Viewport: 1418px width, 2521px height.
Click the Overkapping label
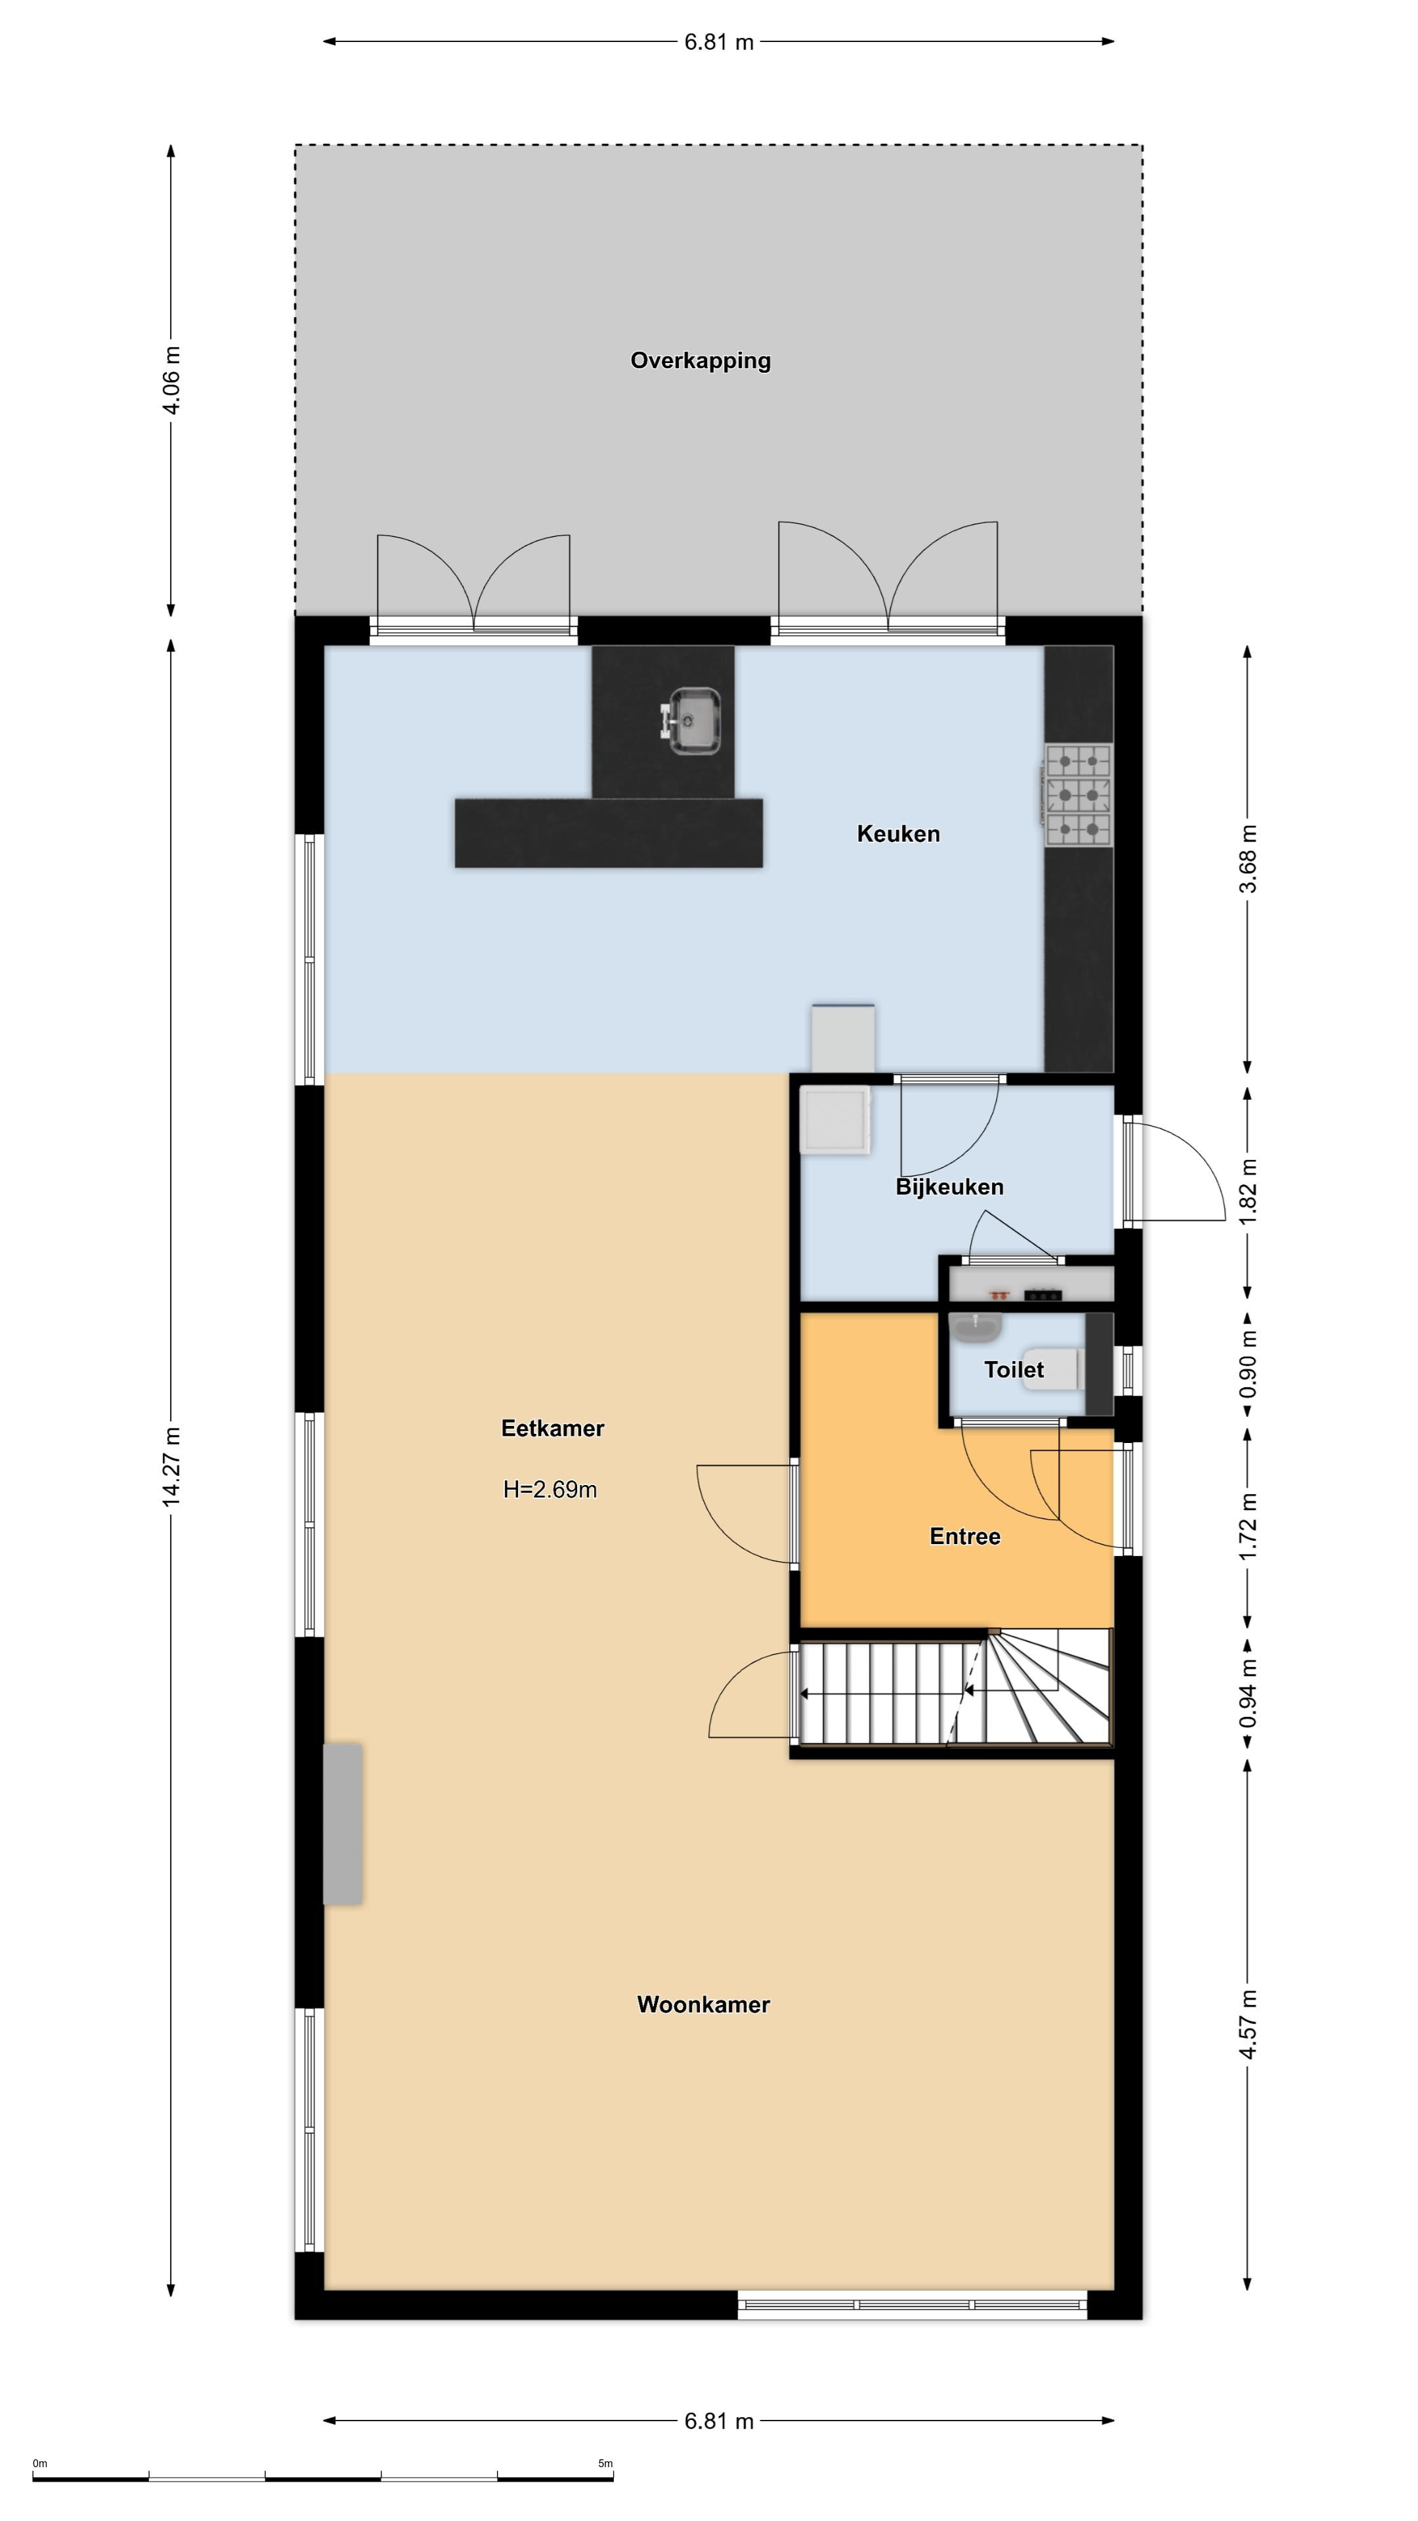pos(700,361)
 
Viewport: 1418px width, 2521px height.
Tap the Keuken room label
pos(898,834)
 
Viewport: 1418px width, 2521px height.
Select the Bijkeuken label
pos(949,1187)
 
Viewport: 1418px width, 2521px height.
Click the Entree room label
pos(965,1536)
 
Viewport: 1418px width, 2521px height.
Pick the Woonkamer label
pos(704,2004)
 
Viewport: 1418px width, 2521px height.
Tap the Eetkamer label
pos(553,1428)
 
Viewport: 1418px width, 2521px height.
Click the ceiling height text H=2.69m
pos(550,1490)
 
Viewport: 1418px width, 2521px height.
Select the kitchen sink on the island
pos(692,722)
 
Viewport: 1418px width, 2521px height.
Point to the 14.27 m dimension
pos(171,1466)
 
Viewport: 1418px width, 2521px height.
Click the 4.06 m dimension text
pos(171,381)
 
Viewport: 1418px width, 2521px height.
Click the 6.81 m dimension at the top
pos(720,42)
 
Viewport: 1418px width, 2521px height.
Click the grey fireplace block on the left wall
pos(343,1823)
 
